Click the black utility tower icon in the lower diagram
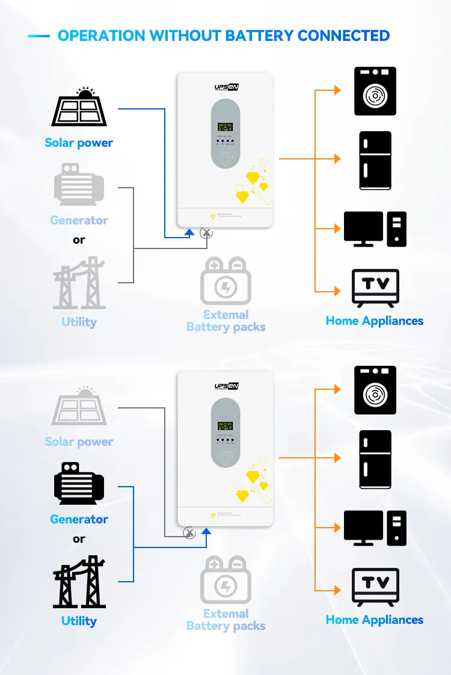coord(79,582)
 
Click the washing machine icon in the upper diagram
coord(375,91)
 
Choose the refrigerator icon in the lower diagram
coord(375,459)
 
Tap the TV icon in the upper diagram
coord(375,288)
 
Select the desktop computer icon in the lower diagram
coord(375,528)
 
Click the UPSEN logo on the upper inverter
coord(226,88)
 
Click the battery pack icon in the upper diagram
coord(226,281)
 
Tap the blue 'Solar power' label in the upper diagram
coord(79,143)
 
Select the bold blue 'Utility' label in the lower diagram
coord(79,621)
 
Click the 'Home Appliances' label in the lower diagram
coord(375,620)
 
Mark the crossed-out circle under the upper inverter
coord(206,232)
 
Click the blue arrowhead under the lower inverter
coord(206,530)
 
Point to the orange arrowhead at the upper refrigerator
coord(337,159)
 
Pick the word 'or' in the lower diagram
coord(79,539)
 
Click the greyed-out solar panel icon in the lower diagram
coord(79,407)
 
